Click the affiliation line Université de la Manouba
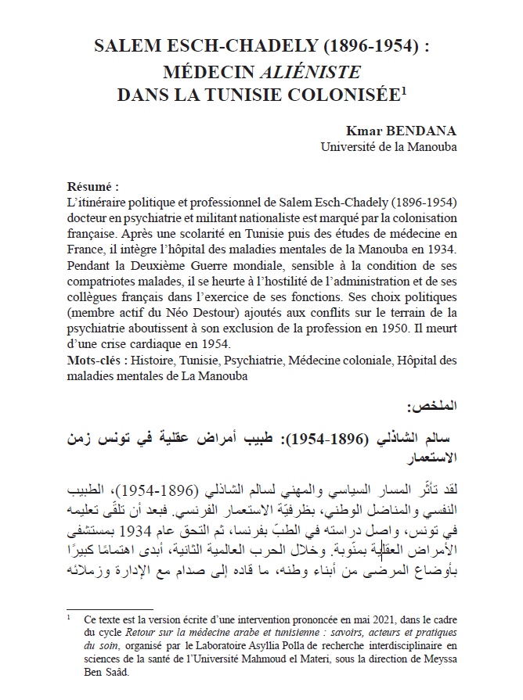coord(388,146)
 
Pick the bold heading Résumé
coord(93,187)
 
